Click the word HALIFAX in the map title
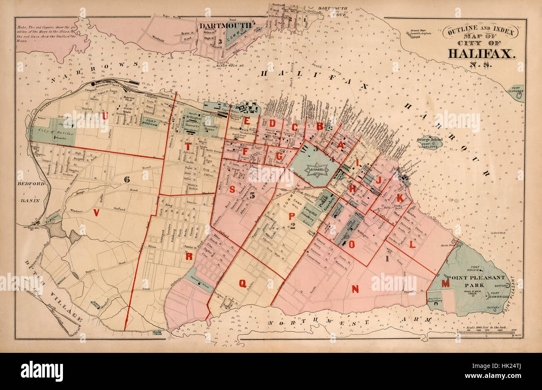[x=482, y=53]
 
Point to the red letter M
[x=446, y=284]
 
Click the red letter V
[x=96, y=213]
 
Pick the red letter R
[x=189, y=257]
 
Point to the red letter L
[x=412, y=245]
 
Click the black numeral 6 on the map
[x=126, y=179]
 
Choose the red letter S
[x=232, y=189]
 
